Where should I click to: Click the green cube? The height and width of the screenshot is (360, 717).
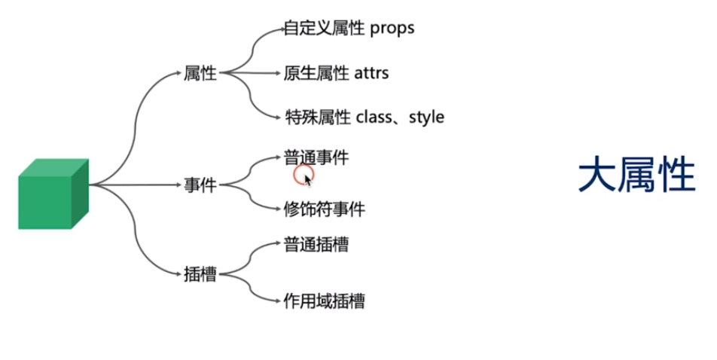point(53,194)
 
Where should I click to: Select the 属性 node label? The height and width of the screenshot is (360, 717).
point(200,74)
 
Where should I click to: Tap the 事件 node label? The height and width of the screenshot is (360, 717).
point(200,185)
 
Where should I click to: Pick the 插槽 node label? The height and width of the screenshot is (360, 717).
point(200,274)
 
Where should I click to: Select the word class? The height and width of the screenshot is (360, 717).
point(374,117)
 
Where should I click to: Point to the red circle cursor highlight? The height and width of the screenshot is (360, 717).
point(303,175)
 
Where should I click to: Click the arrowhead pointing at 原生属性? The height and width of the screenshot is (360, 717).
point(278,74)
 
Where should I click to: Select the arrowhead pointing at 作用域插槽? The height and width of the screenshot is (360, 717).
point(278,301)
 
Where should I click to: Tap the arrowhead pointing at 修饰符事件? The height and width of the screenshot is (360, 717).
point(278,209)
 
